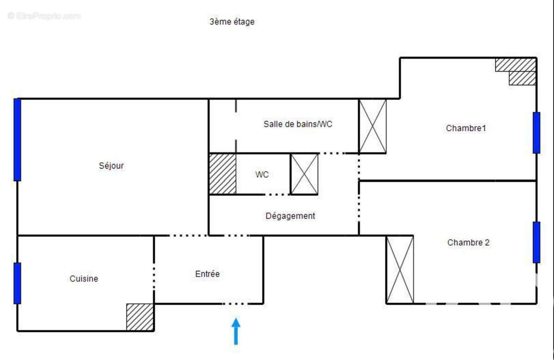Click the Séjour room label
(x=111, y=166)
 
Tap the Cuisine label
(x=84, y=279)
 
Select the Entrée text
(x=207, y=274)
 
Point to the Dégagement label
(x=290, y=216)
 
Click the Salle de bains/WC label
(x=298, y=124)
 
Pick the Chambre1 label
(x=466, y=128)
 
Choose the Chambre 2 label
(x=468, y=243)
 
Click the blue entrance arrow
(x=236, y=331)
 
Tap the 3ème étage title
(x=232, y=22)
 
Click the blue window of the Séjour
(x=17, y=139)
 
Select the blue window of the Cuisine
(x=17, y=283)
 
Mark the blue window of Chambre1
(x=536, y=132)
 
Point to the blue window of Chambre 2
(x=536, y=242)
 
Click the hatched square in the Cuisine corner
(x=140, y=317)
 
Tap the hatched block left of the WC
(x=223, y=174)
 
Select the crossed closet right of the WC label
(x=304, y=174)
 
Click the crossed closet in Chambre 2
(x=400, y=270)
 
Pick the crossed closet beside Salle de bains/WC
(x=373, y=126)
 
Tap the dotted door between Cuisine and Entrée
(x=154, y=270)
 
